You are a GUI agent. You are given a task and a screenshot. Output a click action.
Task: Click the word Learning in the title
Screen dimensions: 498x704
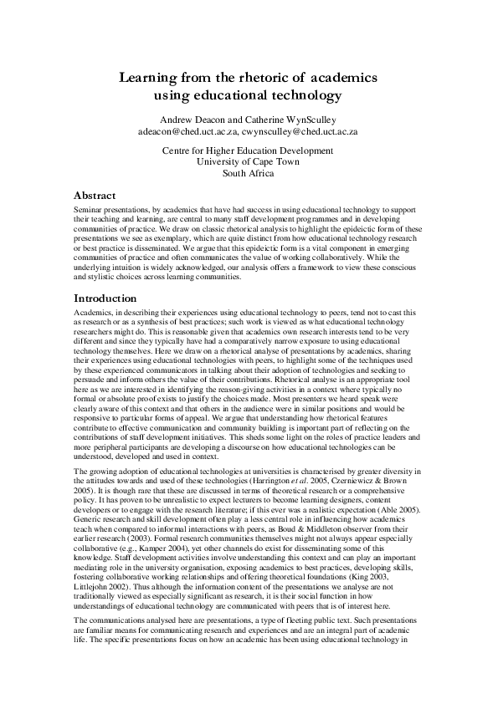click(x=149, y=78)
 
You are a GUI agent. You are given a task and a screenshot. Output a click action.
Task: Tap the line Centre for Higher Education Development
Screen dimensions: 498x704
click(x=248, y=150)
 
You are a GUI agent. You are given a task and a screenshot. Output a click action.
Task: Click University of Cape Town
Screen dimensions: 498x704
click(x=248, y=162)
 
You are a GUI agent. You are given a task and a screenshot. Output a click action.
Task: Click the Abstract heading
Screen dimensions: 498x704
click(x=95, y=195)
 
